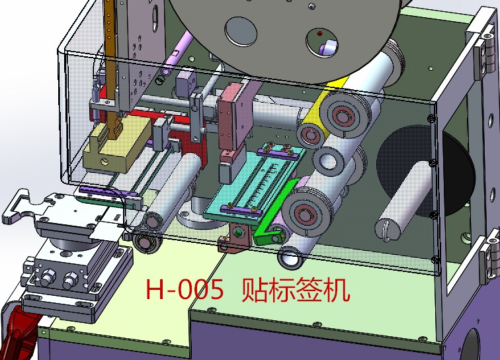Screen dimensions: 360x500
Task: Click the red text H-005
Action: click(184, 291)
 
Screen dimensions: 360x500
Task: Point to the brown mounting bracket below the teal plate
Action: click(235, 238)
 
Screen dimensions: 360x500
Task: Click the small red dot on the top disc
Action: click(319, 32)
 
